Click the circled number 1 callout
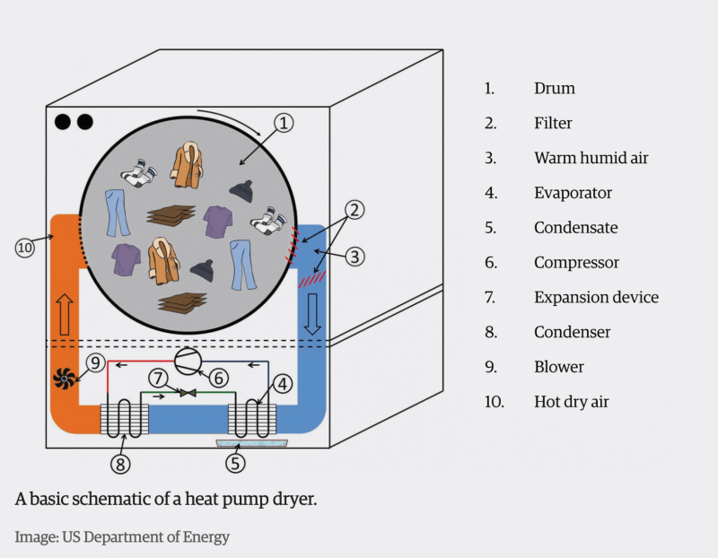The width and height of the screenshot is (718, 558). [x=284, y=122]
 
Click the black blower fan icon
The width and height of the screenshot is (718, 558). [x=65, y=380]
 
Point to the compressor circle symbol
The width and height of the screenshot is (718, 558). [x=187, y=362]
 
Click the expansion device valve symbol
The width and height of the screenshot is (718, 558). [x=187, y=393]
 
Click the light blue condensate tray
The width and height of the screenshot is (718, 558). [x=245, y=442]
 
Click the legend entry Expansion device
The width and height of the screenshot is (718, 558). [x=596, y=297]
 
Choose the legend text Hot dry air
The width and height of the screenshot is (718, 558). [x=571, y=401]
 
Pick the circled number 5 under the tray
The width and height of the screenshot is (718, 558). [x=235, y=464]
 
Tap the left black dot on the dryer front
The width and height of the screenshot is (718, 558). [x=64, y=122]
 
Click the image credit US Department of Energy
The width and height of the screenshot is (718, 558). [x=122, y=537]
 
